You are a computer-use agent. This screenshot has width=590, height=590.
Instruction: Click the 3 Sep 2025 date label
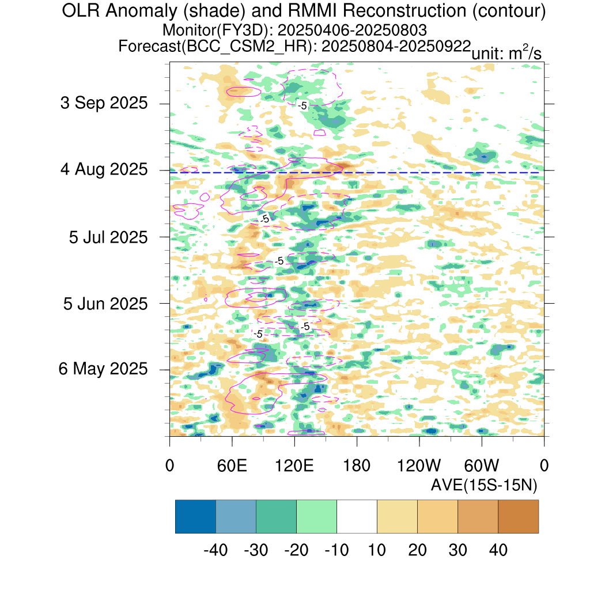[104, 103]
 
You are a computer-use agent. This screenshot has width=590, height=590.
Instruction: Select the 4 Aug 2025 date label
[104, 170]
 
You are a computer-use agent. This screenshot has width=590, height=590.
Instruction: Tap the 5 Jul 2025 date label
[108, 237]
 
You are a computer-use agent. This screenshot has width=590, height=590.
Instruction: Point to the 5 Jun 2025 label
[105, 304]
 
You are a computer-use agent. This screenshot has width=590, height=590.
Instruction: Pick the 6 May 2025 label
[103, 369]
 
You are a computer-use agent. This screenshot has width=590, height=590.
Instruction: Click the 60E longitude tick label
[232, 466]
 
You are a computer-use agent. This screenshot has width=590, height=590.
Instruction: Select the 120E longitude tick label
[294, 466]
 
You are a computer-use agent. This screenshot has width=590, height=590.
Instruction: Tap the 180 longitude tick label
[357, 466]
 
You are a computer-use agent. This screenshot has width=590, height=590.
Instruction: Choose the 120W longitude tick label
[419, 466]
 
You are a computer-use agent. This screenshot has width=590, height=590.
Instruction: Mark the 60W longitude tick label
[482, 466]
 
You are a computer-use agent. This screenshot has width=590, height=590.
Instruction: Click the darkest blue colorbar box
[196, 516]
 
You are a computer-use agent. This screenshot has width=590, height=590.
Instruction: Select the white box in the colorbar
[357, 516]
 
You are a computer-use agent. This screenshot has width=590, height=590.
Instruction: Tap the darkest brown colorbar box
[518, 516]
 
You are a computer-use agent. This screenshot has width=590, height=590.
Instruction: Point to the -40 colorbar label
[215, 550]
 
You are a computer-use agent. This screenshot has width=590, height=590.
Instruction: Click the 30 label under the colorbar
[457, 550]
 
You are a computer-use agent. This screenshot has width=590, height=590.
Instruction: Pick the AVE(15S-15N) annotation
[484, 485]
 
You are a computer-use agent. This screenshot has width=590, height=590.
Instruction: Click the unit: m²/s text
[506, 52]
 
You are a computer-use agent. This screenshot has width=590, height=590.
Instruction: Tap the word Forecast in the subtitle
[149, 46]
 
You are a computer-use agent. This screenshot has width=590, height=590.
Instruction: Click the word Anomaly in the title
[141, 12]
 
